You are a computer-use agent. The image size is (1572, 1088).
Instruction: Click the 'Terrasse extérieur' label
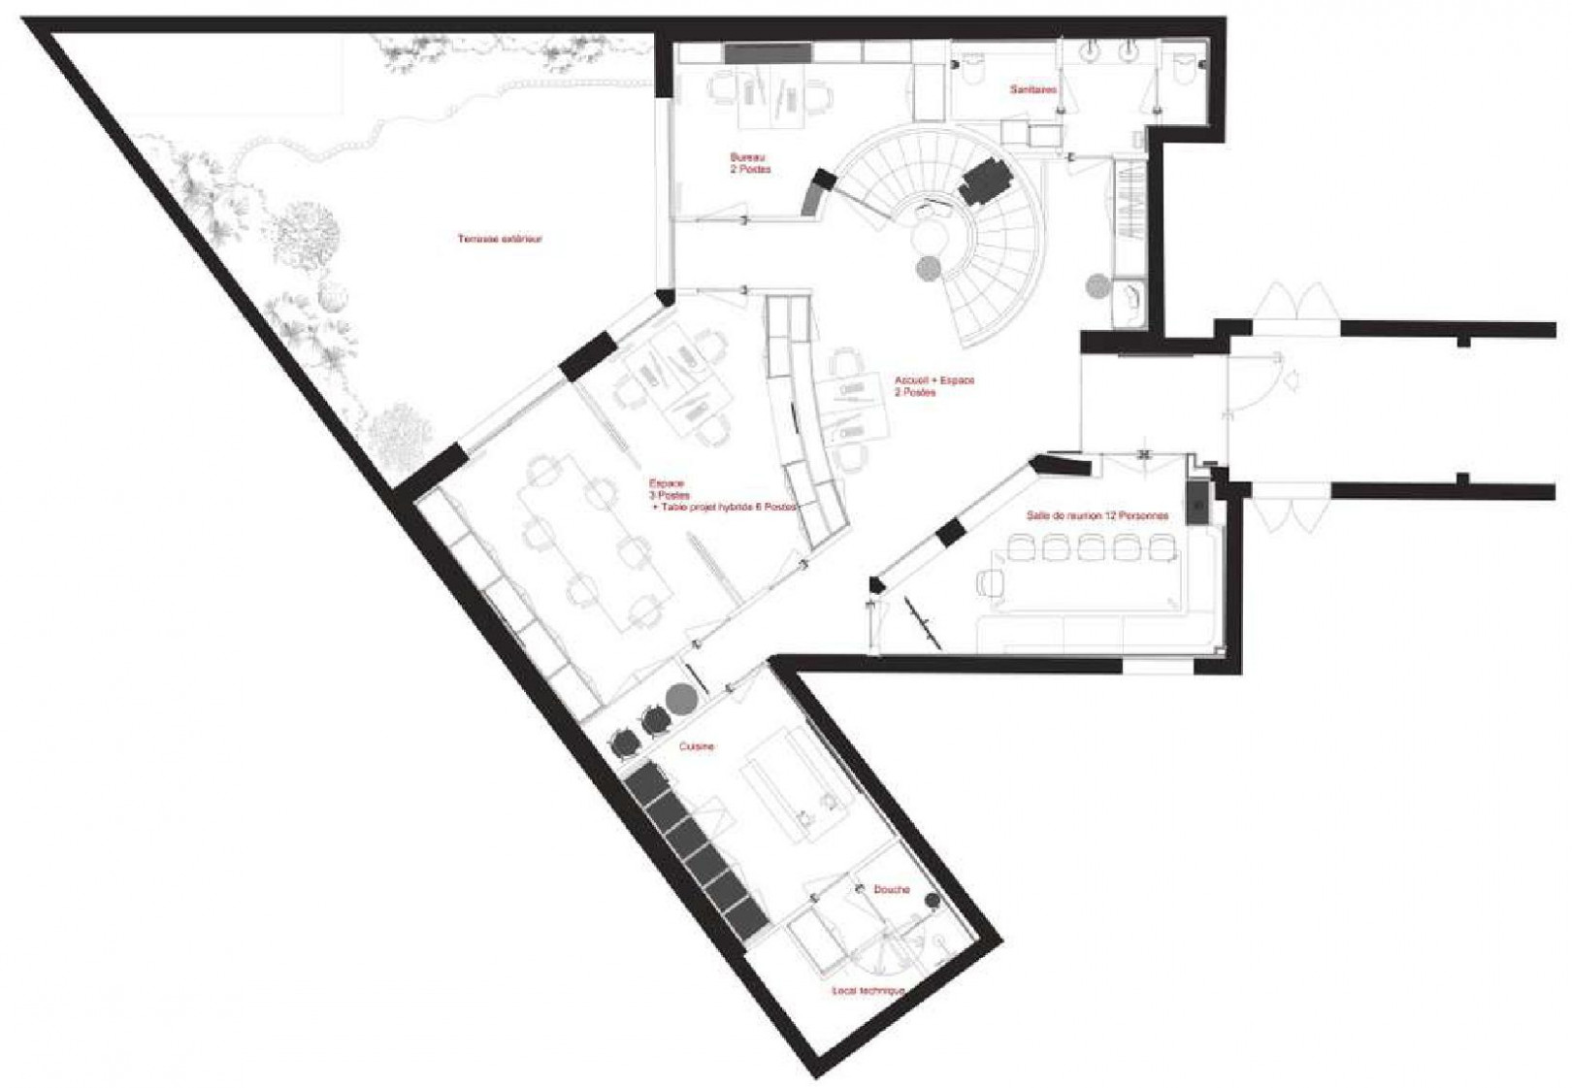[x=499, y=239]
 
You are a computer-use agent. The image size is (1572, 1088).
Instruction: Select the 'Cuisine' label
[x=696, y=746]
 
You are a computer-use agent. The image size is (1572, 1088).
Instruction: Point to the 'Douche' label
[x=890, y=889]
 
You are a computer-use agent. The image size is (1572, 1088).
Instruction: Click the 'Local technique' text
[x=868, y=991]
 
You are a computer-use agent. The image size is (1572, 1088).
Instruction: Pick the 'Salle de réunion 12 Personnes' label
[x=1097, y=516]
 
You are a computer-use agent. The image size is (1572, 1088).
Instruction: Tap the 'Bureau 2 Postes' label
[x=750, y=162]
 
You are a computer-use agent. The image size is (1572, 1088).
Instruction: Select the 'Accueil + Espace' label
[x=933, y=386]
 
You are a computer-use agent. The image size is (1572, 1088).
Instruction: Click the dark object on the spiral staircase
[x=988, y=181]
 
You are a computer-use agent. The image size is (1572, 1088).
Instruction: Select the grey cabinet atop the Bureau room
[x=767, y=53]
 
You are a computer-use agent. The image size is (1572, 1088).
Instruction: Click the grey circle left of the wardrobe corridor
[x=1097, y=285]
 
